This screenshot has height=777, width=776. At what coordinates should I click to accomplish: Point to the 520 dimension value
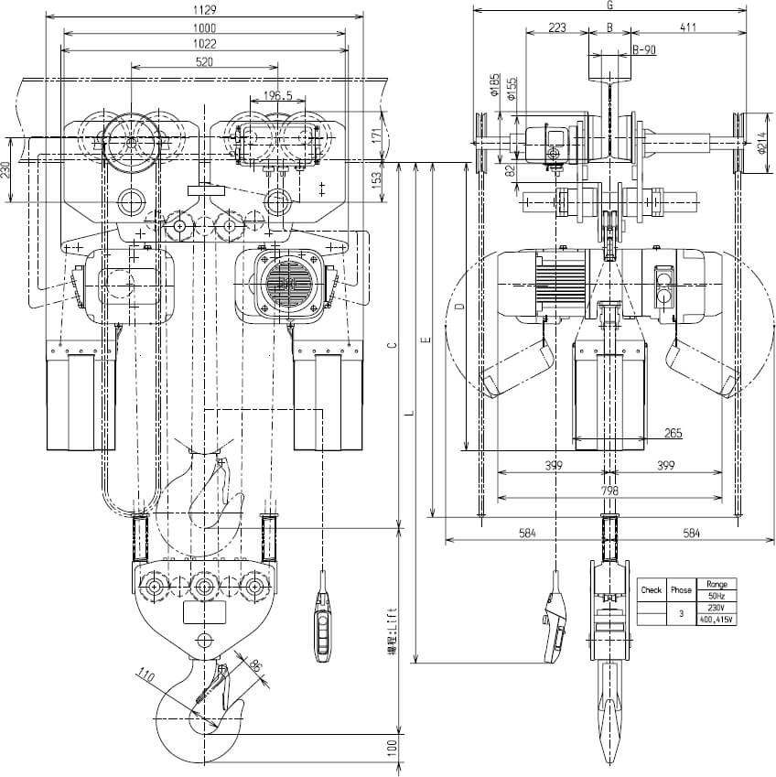tap(204, 62)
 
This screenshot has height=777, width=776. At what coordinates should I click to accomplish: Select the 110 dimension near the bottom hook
tap(170, 680)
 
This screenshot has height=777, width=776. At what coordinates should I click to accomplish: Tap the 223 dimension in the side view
tap(556, 27)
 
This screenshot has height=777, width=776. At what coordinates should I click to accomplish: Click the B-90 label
tap(644, 50)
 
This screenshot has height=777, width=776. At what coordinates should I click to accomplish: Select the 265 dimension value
tap(674, 432)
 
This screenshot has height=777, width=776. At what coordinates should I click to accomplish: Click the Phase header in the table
tap(681, 590)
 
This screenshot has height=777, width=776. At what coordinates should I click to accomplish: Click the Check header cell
tap(651, 590)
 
